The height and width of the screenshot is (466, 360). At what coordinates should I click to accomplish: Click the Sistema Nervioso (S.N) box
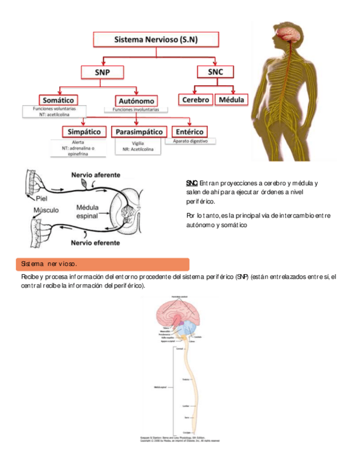coord(156,40)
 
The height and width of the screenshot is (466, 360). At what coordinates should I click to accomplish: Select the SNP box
coord(102,73)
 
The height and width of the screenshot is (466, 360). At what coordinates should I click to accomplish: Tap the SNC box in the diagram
coord(215,72)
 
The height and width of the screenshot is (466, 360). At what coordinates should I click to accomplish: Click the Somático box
coord(58,100)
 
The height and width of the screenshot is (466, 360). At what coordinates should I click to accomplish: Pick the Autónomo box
coord(136,101)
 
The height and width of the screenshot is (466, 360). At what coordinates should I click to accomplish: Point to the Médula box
coord(231,100)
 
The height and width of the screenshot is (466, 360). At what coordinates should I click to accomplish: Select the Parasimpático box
coord(139,132)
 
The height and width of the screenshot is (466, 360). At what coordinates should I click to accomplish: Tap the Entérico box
coord(190,132)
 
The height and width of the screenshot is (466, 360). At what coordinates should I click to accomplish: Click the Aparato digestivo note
coord(190,141)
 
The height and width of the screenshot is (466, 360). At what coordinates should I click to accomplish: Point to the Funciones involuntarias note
coord(136,110)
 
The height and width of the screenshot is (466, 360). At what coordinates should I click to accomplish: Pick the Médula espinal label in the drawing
coord(87,212)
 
